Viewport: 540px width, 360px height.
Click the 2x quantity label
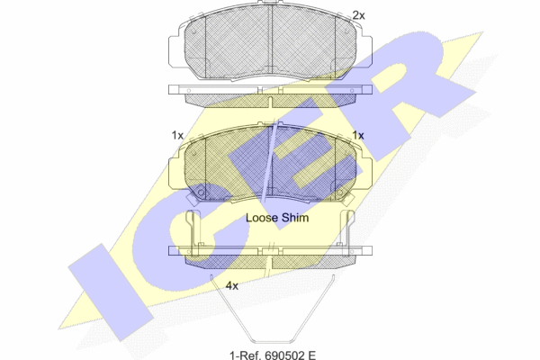(x=358, y=15)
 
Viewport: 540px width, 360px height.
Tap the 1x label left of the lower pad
(x=177, y=135)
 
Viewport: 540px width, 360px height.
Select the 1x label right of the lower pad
(x=358, y=135)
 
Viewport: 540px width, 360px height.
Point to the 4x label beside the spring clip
(x=232, y=285)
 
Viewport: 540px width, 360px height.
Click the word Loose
(x=262, y=218)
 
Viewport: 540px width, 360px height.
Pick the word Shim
(x=295, y=218)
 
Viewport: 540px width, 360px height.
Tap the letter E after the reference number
(x=311, y=355)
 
